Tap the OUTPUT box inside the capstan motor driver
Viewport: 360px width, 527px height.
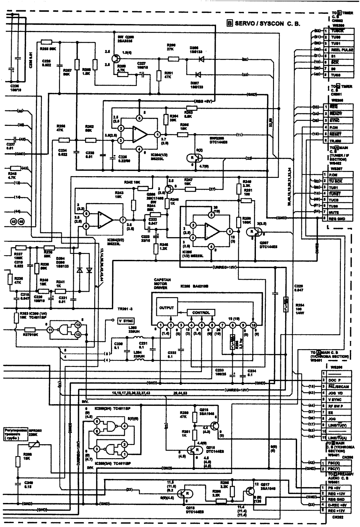click(x=166, y=308)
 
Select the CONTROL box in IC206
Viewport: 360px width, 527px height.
click(x=201, y=313)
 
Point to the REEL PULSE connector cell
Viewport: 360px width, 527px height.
click(x=342, y=50)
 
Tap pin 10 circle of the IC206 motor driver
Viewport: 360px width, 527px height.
click(x=253, y=325)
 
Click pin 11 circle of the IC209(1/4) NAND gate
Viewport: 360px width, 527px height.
click(x=49, y=329)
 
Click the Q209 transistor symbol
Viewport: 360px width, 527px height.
click(x=116, y=59)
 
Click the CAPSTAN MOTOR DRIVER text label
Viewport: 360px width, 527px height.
click(x=161, y=284)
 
